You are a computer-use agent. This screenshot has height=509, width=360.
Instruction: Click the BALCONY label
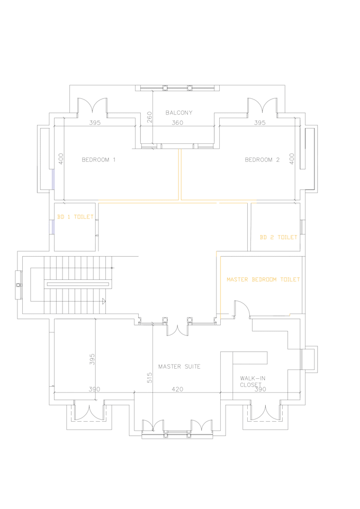(x=179, y=113)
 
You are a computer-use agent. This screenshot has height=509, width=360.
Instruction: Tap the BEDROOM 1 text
(x=98, y=160)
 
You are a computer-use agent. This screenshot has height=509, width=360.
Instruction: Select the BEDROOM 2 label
(x=262, y=160)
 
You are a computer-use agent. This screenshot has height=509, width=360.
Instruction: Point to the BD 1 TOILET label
(x=75, y=217)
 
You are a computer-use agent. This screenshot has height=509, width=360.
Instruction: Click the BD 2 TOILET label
(x=278, y=238)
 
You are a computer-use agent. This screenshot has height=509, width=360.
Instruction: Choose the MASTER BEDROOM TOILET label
(x=263, y=279)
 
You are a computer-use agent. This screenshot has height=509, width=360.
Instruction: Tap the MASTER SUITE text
(x=179, y=367)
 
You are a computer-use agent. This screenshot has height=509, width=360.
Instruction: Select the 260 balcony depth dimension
(x=150, y=116)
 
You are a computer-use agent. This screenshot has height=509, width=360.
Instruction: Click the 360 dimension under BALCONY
(x=177, y=123)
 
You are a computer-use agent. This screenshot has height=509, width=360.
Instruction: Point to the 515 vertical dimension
(x=150, y=377)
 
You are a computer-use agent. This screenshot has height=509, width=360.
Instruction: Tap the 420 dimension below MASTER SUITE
(x=177, y=389)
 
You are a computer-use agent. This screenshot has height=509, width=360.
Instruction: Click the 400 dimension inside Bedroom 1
(x=61, y=159)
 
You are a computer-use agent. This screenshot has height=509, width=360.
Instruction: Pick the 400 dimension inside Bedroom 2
(x=292, y=159)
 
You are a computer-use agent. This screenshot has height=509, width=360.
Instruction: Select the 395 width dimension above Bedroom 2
(x=260, y=123)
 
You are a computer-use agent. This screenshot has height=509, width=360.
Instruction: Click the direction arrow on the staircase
(x=104, y=301)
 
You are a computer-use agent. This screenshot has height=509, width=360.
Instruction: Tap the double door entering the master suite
(x=177, y=330)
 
